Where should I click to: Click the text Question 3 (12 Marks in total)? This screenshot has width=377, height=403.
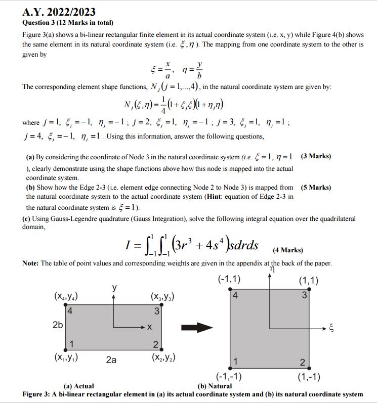(x=68, y=23)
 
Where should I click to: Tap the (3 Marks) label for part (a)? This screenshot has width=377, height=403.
(x=316, y=156)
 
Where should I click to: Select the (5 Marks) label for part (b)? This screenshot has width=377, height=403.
(x=316, y=188)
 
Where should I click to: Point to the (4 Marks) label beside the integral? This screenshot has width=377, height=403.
(x=288, y=250)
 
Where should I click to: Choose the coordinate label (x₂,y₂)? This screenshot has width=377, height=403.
(x=163, y=357)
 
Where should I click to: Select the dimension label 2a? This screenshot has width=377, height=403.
(x=111, y=360)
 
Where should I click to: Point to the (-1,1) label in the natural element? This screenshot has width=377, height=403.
(x=229, y=280)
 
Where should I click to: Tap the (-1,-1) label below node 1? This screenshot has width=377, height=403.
(x=229, y=376)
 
